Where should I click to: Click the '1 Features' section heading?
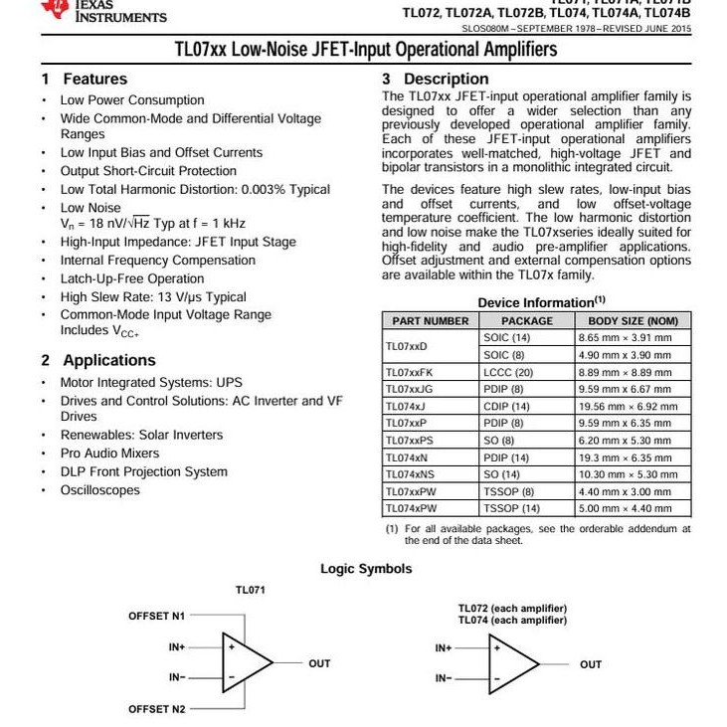click(x=85, y=79)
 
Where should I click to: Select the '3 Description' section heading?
click(x=436, y=79)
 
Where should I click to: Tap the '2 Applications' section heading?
click(x=98, y=360)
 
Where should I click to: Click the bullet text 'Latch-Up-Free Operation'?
click(x=132, y=278)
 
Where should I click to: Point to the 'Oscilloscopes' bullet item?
click(x=100, y=489)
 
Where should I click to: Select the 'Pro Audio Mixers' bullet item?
click(x=109, y=454)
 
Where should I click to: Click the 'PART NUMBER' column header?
click(x=430, y=321)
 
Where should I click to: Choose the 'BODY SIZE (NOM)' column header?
click(x=634, y=321)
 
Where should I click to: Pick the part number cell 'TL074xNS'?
click(x=408, y=474)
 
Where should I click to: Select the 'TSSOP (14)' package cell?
click(x=511, y=508)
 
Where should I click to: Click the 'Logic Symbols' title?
click(x=366, y=569)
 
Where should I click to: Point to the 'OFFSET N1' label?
click(x=156, y=616)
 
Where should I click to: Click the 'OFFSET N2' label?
click(x=156, y=709)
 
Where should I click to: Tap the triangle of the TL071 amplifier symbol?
click(x=245, y=662)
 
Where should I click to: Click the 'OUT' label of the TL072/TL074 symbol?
click(x=591, y=664)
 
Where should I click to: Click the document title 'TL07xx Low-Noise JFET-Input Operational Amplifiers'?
click(x=366, y=50)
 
